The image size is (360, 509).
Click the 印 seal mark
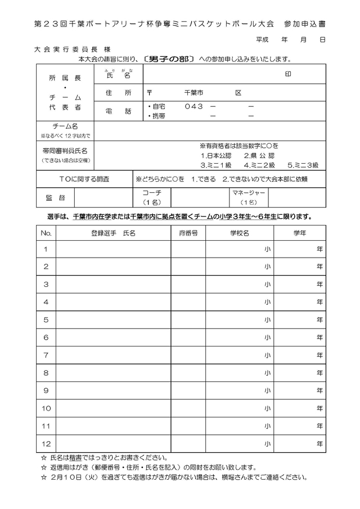click(287, 74)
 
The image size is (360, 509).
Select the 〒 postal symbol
click(149, 92)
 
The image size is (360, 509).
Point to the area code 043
click(193, 106)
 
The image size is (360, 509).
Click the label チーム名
click(65, 127)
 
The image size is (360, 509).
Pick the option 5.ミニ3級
click(303, 165)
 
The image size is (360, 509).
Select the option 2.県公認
click(259, 155)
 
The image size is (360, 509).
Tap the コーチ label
click(152, 193)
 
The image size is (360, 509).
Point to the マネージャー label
click(248, 193)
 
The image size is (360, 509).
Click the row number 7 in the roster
click(46, 355)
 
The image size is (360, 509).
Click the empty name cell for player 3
click(113, 284)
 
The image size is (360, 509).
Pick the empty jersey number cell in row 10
click(188, 408)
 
